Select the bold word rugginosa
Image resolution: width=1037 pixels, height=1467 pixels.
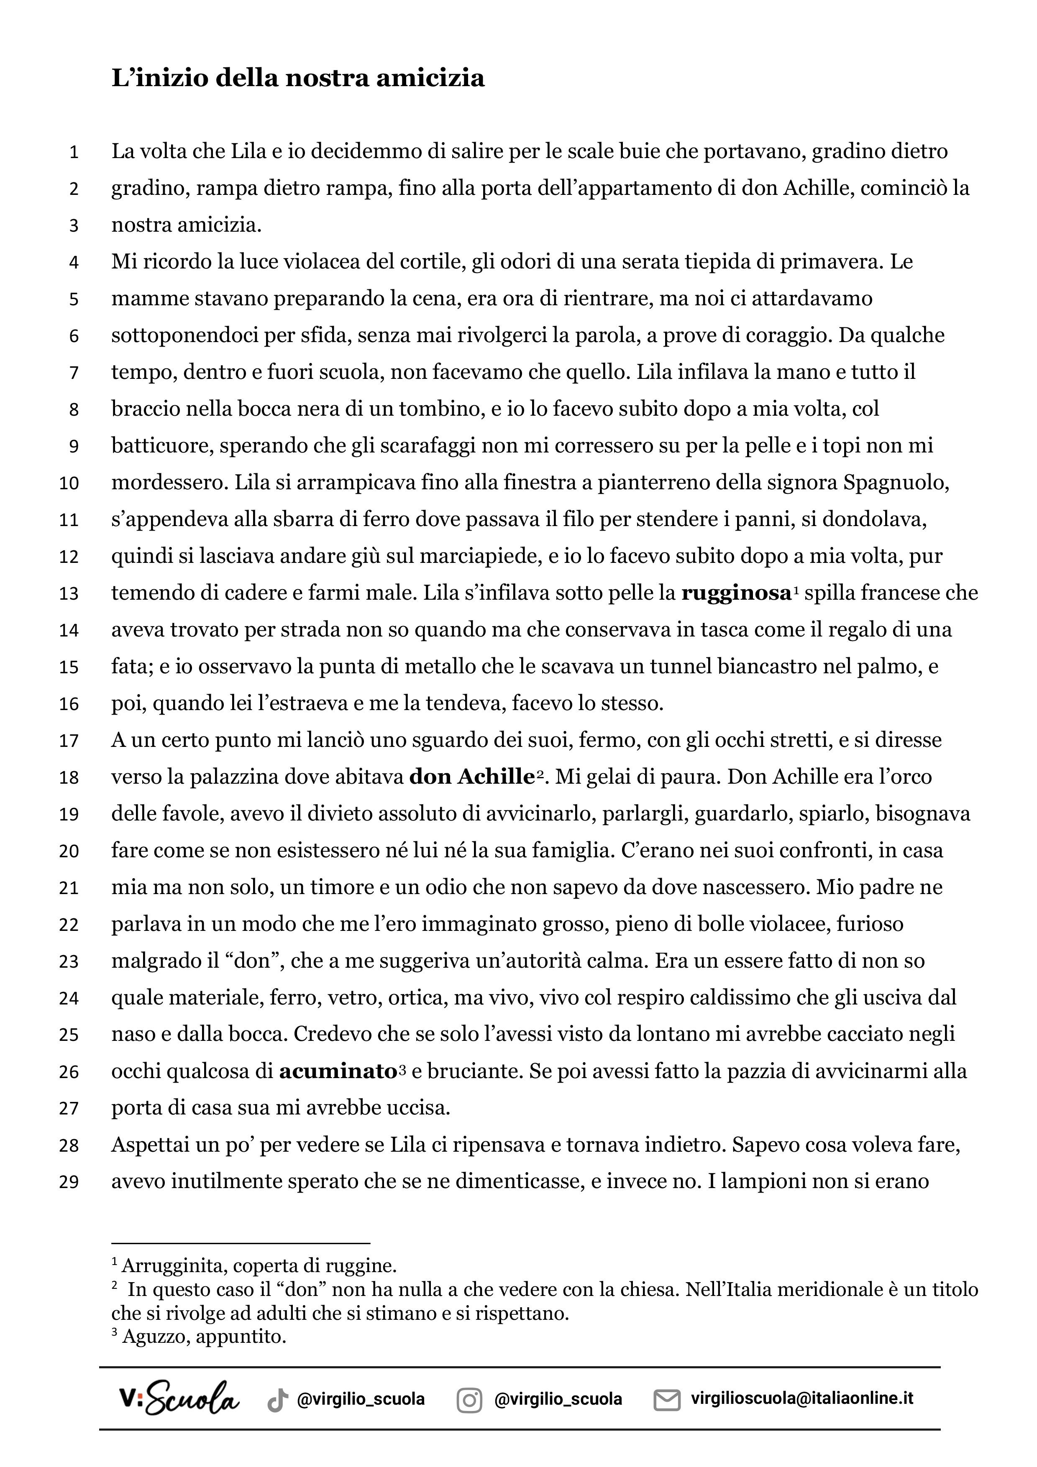tap(737, 593)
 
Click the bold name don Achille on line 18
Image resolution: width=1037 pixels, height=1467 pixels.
tap(471, 777)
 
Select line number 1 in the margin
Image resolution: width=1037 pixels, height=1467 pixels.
tap(74, 152)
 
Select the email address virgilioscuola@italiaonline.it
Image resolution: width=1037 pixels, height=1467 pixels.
tap(802, 1398)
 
